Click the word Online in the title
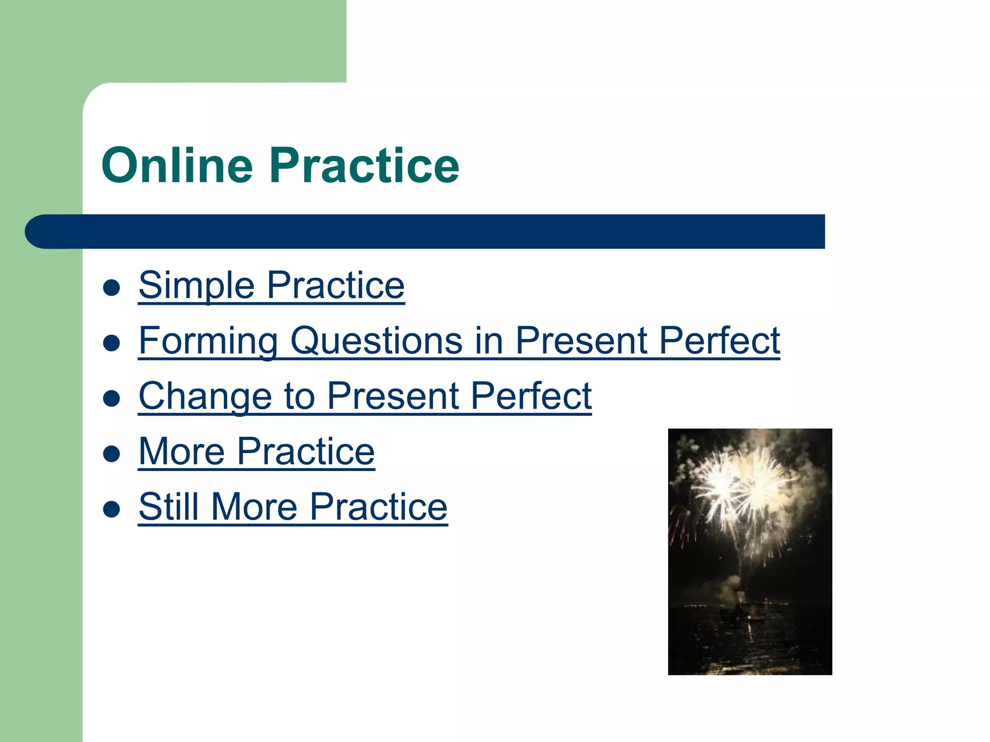click(x=177, y=166)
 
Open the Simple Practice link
click(x=271, y=285)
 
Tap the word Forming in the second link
click(x=208, y=341)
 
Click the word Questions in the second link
click(x=376, y=341)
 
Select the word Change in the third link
click(x=205, y=397)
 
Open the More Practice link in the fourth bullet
click(x=256, y=452)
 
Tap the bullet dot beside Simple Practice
click(x=112, y=288)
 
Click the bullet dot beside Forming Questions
click(x=112, y=343)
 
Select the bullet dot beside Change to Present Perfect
click(x=112, y=399)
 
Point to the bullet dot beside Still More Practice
click(x=112, y=510)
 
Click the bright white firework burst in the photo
click(x=740, y=488)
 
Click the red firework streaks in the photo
click(x=677, y=527)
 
